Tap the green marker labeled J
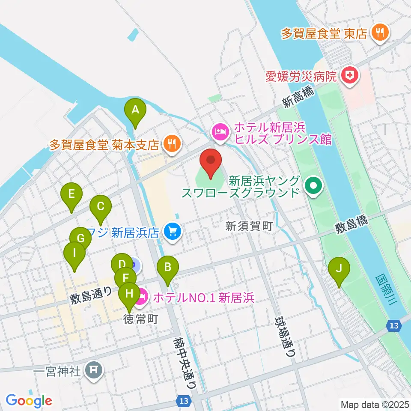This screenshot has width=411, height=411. [x=339, y=269]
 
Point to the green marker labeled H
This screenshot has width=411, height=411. [x=129, y=294]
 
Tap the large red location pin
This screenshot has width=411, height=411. [x=211, y=161]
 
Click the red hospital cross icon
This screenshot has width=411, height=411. [x=350, y=76]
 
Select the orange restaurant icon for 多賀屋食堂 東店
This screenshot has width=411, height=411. [x=379, y=32]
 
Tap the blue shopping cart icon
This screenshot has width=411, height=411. [x=173, y=232]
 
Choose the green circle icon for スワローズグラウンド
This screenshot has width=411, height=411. [x=313, y=186]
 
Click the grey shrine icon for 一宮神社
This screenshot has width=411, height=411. [x=94, y=369]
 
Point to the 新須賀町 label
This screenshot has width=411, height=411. [x=249, y=227]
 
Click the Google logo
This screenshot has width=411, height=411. [x=29, y=401]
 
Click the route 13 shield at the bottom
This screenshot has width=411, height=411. [x=183, y=401]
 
